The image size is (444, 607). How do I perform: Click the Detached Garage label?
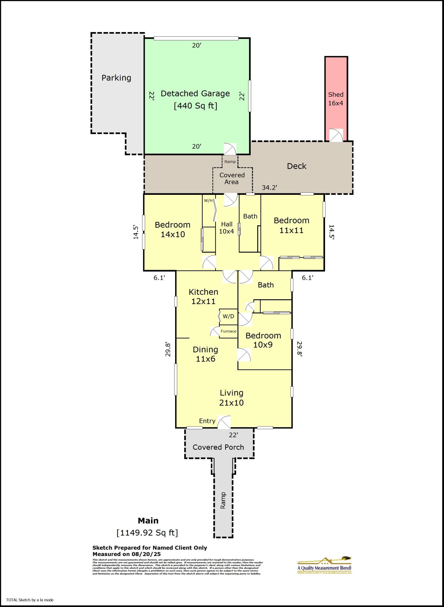point(195,93)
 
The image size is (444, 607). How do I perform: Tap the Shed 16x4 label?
point(336,99)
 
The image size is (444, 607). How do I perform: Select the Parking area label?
point(116,78)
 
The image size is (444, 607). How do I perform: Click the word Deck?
point(297,166)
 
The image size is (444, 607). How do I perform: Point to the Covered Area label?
point(232,178)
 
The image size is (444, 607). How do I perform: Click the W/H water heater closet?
point(208,201)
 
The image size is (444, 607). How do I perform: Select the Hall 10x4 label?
point(227,228)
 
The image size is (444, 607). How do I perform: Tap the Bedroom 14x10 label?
point(172,229)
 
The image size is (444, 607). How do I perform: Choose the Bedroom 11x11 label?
point(291,225)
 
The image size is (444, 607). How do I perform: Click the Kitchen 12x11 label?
point(203,297)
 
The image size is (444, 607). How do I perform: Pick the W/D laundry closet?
point(228,316)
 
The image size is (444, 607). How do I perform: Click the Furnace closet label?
point(228,331)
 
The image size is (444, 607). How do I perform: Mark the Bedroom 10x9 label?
point(263,340)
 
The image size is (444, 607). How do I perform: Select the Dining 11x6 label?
point(205,354)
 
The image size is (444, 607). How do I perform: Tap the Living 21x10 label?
point(232,398)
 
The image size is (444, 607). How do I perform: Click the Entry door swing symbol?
point(224,422)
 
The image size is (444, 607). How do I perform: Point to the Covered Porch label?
point(218,447)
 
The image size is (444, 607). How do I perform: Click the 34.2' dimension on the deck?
point(269,188)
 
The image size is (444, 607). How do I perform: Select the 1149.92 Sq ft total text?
point(147,533)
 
